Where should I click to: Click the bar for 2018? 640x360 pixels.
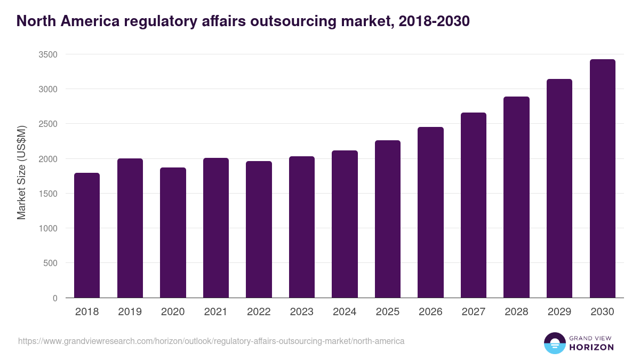(x=87, y=235)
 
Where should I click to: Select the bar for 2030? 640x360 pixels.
(x=602, y=179)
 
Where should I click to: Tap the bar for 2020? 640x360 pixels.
(x=173, y=233)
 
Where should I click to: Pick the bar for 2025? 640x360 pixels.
(x=388, y=219)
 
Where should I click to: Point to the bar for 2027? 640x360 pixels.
(x=474, y=205)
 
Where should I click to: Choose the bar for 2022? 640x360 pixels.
(x=259, y=229)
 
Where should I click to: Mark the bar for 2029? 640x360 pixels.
(x=559, y=188)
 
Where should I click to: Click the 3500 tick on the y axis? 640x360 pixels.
(x=47, y=54)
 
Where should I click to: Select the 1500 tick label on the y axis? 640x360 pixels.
(x=47, y=194)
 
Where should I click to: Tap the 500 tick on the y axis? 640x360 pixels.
(x=50, y=263)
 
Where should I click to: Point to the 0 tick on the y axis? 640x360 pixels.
(x=55, y=298)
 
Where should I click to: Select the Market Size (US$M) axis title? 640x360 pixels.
(x=21, y=172)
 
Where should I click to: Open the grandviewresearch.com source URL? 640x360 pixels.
(x=211, y=341)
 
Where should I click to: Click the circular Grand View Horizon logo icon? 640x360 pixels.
(x=554, y=343)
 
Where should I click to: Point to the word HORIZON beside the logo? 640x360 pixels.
(x=592, y=347)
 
